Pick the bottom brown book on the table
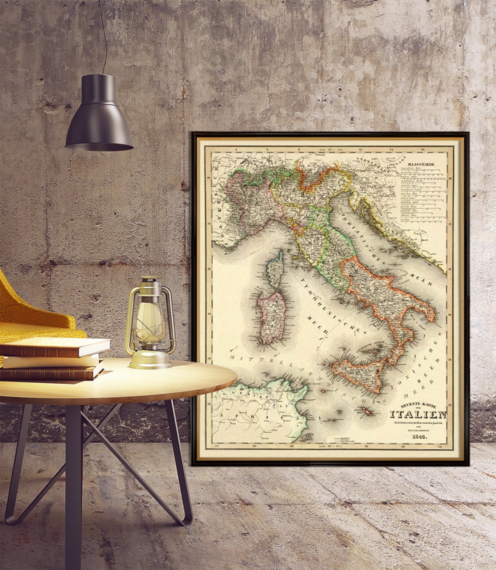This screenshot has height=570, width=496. pyautogui.click(x=51, y=373)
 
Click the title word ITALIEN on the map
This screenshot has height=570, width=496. pyautogui.click(x=418, y=414)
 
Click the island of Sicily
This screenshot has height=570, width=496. pyautogui.click(x=358, y=374)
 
